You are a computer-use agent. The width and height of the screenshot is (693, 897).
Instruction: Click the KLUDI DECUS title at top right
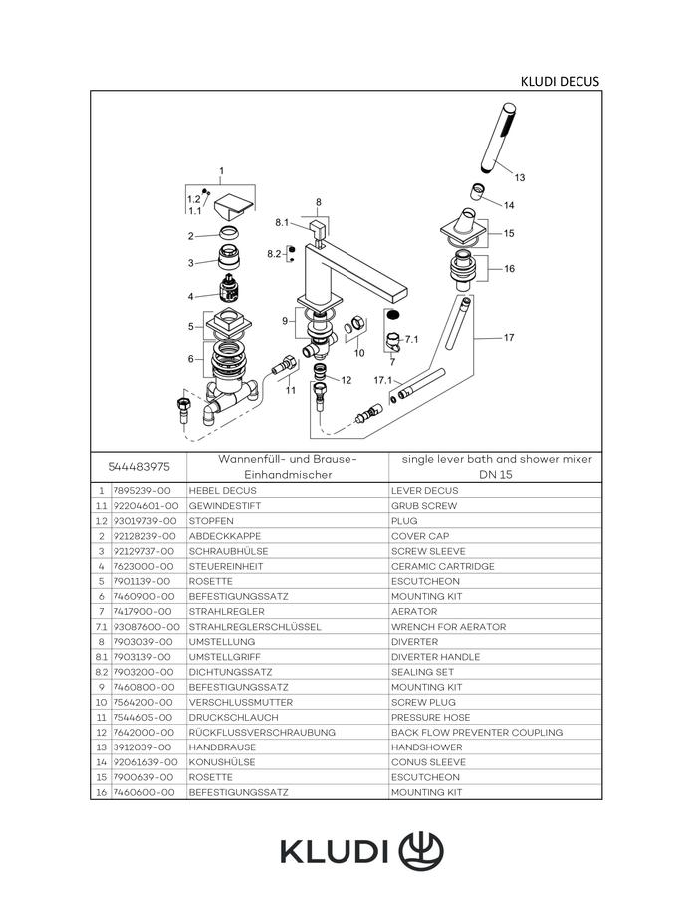click(x=560, y=82)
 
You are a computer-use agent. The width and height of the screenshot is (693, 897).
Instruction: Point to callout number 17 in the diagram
click(x=509, y=338)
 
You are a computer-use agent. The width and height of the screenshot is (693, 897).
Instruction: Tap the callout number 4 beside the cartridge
click(x=191, y=296)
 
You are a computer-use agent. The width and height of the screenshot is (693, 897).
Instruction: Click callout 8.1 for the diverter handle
click(x=282, y=222)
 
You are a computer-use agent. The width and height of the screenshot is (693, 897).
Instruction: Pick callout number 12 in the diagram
click(x=346, y=380)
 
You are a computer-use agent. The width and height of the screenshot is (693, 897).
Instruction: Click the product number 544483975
click(x=138, y=466)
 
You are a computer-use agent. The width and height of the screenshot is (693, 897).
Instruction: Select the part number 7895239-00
click(x=141, y=490)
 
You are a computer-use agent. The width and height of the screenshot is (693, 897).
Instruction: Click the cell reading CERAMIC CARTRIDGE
click(x=443, y=566)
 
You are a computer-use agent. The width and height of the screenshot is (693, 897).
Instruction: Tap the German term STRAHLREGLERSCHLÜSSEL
click(x=255, y=627)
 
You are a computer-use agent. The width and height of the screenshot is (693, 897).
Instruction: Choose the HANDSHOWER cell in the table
click(x=427, y=747)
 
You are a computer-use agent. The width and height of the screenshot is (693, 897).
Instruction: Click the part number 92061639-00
click(x=145, y=762)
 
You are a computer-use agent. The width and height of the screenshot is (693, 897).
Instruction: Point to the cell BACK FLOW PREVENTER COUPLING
click(x=477, y=733)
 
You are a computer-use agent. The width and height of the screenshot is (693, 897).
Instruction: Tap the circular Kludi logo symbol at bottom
click(x=421, y=851)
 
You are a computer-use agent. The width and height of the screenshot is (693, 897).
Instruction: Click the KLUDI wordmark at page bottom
click(x=335, y=852)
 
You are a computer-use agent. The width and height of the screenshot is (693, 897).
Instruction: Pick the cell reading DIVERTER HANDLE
click(x=435, y=657)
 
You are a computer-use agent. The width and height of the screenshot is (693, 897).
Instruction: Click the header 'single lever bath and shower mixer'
click(x=497, y=459)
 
